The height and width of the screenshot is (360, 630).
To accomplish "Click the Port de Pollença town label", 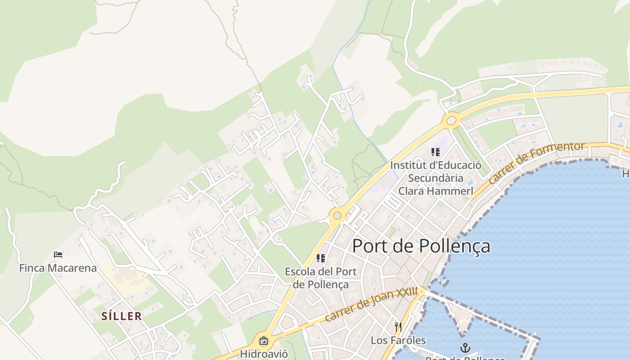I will [421, 246].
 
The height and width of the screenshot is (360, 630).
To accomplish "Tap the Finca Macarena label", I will [58, 268].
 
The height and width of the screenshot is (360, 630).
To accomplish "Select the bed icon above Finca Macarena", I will [58, 255].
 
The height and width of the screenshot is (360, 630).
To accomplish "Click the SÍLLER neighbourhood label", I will [121, 316].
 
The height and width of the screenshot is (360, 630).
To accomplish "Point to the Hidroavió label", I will [263, 354].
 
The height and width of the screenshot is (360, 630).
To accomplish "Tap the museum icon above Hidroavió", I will [264, 341].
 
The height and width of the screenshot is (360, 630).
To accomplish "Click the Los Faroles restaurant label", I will [398, 340].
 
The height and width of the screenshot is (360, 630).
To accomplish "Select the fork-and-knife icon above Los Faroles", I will [398, 327].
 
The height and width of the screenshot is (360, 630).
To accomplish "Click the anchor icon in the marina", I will [465, 347].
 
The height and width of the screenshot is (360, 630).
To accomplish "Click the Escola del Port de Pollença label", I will [320, 278].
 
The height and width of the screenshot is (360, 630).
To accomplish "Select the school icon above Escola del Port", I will [321, 258].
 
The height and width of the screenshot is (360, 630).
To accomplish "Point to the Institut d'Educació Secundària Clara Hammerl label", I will [436, 178].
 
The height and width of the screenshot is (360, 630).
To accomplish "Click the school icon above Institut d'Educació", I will [435, 152].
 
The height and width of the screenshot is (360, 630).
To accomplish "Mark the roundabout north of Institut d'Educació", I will [451, 121].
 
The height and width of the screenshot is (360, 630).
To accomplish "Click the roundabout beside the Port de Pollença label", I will [337, 216].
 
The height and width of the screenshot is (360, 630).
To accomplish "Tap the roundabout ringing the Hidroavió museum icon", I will [264, 341].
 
